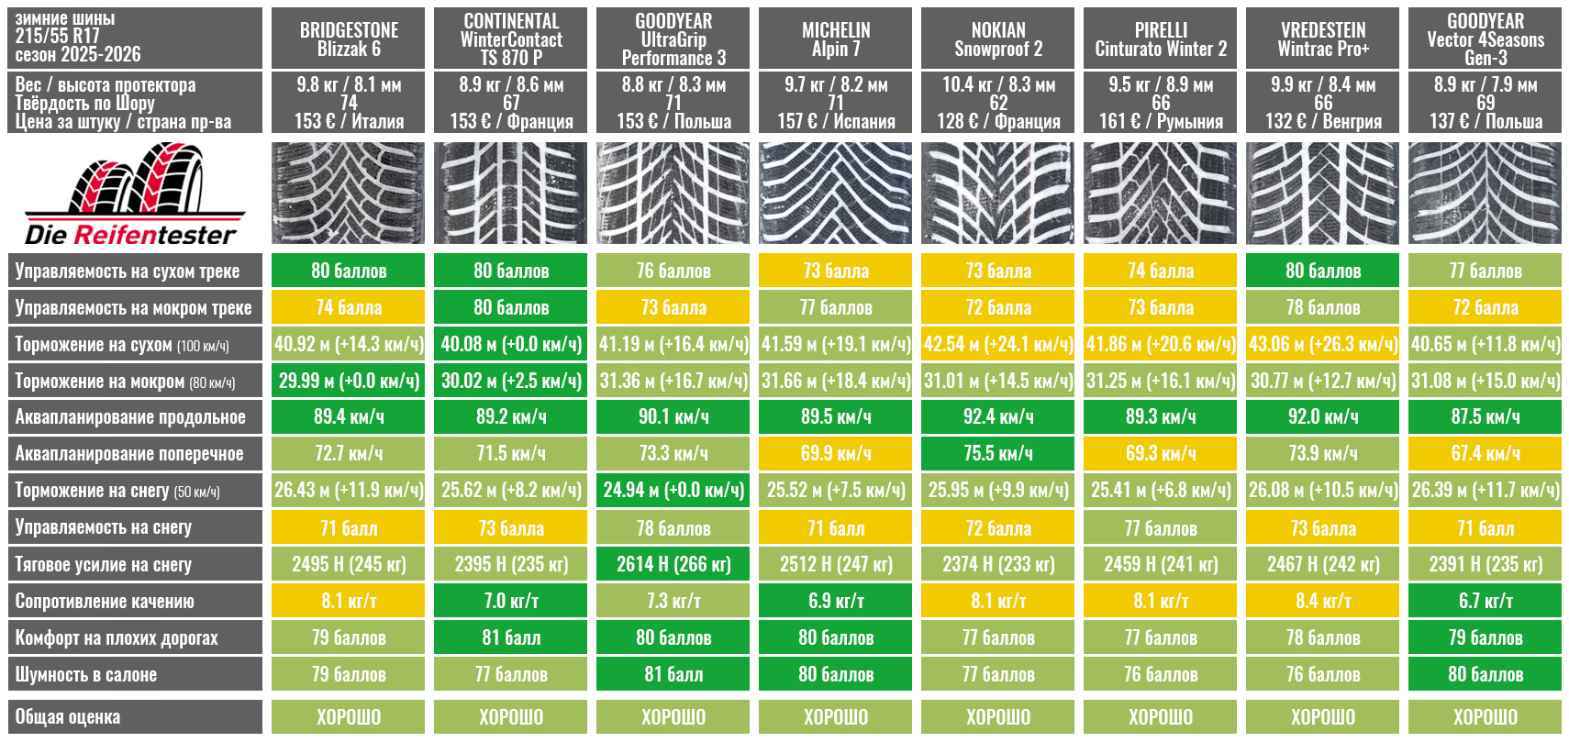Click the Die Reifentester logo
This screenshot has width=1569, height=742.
point(134,194)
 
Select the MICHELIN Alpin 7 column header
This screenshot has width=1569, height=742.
point(835,39)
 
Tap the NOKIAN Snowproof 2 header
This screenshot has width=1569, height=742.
point(997,39)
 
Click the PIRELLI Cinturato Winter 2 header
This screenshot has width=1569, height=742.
point(1160,39)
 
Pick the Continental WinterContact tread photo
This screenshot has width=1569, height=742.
point(510,193)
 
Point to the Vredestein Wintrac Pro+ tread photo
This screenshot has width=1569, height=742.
point(1322,193)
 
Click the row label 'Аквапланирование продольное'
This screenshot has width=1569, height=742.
point(134,417)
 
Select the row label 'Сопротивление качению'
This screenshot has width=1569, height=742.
point(134,601)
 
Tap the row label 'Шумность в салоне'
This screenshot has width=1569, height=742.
point(134,674)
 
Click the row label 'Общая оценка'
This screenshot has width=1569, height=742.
point(134,716)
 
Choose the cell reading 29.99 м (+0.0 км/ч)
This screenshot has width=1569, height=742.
point(349,381)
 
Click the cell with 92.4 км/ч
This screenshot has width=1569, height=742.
point(997,417)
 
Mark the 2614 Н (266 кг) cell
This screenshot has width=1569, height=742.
point(673,564)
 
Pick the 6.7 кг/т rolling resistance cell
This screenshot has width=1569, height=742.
point(1485,601)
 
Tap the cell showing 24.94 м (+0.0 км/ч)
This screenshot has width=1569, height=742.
point(673,491)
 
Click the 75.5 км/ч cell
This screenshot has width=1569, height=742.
point(997,454)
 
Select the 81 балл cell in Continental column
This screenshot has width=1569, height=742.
point(510,637)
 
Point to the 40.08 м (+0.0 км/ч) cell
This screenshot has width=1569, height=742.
point(510,344)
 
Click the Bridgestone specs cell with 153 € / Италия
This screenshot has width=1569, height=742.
point(349,121)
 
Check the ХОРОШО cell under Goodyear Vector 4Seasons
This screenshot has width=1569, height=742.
point(1485,716)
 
